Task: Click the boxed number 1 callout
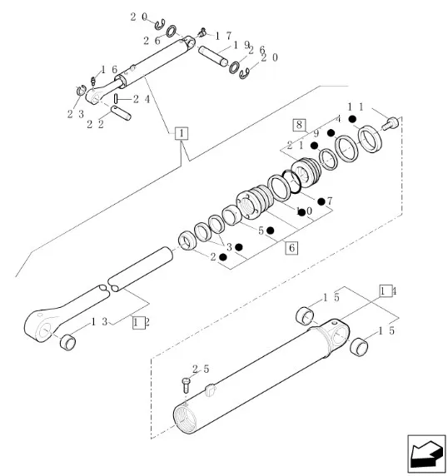pyautogui.click(x=182, y=133)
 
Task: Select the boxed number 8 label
pyautogui.click(x=299, y=125)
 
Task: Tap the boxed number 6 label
pyautogui.click(x=291, y=248)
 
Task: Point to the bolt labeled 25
pyautogui.click(x=186, y=385)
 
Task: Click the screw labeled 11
pyautogui.click(x=389, y=123)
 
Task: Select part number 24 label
pyautogui.click(x=142, y=99)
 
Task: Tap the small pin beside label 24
pyautogui.click(x=116, y=99)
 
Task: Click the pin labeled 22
pyautogui.click(x=121, y=112)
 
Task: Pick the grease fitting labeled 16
pyautogui.click(x=93, y=81)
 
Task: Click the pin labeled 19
pyautogui.click(x=213, y=55)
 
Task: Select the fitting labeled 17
pyautogui.click(x=202, y=32)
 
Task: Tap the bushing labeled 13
pyautogui.click(x=68, y=341)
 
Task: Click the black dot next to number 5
pyautogui.click(x=270, y=231)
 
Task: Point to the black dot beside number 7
pyautogui.click(x=321, y=201)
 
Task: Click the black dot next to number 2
pyautogui.click(x=223, y=257)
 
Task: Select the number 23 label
pyautogui.click(x=76, y=115)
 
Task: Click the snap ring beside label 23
pyautogui.click(x=81, y=90)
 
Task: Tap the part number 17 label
pyautogui.click(x=223, y=36)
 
